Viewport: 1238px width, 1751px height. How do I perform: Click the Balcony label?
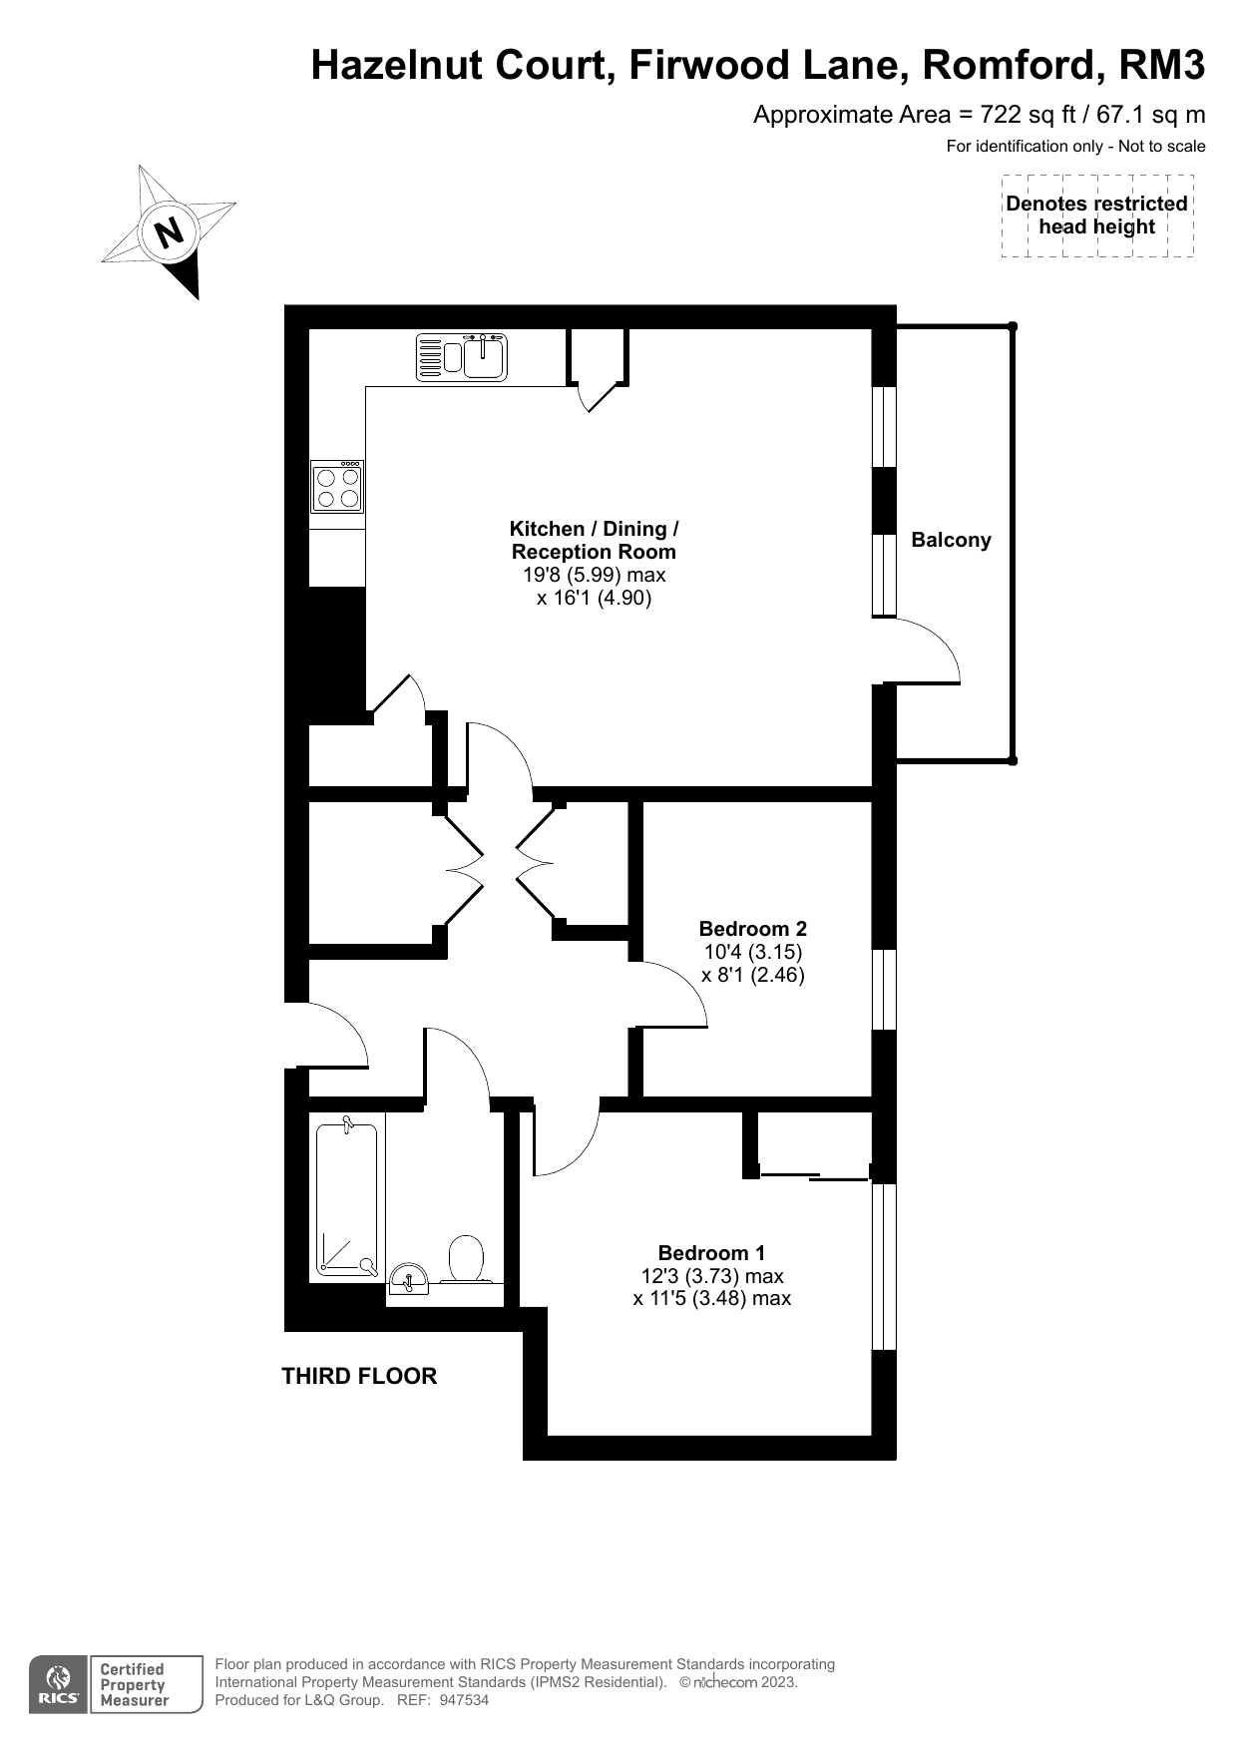click(951, 540)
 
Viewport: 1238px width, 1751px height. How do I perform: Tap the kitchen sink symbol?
click(462, 357)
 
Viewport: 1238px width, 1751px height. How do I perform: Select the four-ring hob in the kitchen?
click(337, 486)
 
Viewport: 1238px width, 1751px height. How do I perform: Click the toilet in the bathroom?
click(466, 1259)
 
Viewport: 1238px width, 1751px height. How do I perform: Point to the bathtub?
click(347, 1200)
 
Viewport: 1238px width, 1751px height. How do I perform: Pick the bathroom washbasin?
click(408, 1278)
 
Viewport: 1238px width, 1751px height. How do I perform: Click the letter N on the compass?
click(169, 231)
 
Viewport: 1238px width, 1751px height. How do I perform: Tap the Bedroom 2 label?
click(753, 929)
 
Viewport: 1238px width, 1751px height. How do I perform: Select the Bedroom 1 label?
click(711, 1252)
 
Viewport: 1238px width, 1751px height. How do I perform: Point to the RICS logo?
click(57, 1685)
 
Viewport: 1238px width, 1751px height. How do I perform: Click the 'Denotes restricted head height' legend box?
click(1097, 216)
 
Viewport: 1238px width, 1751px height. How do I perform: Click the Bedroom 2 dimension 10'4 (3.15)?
click(753, 952)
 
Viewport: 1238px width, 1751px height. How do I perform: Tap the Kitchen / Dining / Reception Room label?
click(595, 540)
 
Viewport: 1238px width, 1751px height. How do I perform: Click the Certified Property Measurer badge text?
click(134, 1685)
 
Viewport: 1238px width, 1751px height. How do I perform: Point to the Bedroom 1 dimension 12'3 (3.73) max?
click(711, 1275)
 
